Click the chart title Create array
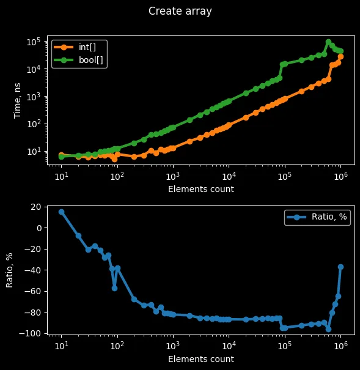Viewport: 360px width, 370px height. (x=180, y=11)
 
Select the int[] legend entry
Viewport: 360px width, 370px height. (x=79, y=47)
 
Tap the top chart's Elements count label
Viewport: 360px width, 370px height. (x=200, y=189)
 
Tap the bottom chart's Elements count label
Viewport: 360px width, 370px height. (x=200, y=359)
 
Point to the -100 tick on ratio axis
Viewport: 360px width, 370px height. (x=29, y=333)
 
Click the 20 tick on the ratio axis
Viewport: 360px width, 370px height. (x=35, y=207)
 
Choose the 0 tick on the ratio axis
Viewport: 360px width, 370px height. (x=38, y=228)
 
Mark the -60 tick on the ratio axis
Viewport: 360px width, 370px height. (x=32, y=291)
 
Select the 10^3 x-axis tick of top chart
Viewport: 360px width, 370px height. (x=173, y=175)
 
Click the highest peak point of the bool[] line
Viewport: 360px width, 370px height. (x=328, y=42)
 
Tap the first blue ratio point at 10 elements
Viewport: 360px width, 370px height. (x=61, y=212)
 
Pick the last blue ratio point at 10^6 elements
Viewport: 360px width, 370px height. (x=340, y=267)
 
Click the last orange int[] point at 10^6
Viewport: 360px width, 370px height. (x=340, y=57)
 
